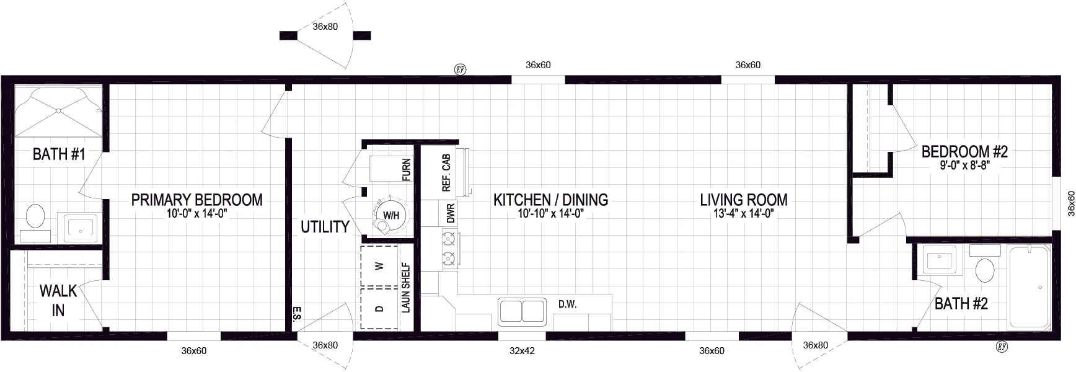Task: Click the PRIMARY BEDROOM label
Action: pos(196,200)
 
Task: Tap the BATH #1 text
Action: pos(59,154)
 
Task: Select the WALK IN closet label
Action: pos(58,300)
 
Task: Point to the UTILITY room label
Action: pos(325,227)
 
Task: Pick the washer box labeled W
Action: pos(379,266)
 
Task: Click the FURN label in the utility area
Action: pos(407,170)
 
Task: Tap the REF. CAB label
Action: pos(446,172)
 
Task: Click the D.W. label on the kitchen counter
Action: pos(567,304)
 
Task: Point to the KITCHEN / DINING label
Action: pos(550,200)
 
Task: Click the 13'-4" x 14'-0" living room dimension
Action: pos(743,214)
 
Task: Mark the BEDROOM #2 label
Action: pos(964,151)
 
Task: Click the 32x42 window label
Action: pos(522,351)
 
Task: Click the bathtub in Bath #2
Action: pos(1028,287)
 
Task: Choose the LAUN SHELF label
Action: pos(407,288)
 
